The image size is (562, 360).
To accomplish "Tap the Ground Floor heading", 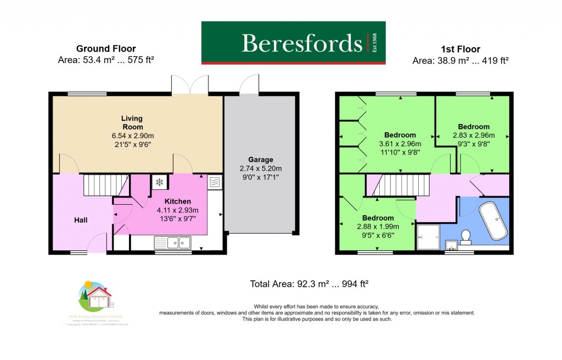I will coord(106,49).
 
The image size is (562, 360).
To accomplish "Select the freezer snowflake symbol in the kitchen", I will coord(160,182).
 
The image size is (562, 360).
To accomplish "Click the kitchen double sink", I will coord(172,242).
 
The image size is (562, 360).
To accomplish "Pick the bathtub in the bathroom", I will coord(493,221).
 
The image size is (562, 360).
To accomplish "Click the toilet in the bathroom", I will coord(466,236).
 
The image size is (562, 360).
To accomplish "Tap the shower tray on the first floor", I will coord(428,237).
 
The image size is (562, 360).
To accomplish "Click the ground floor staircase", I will coord(104,185).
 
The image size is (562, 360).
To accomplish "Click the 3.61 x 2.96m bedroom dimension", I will coord(400,144).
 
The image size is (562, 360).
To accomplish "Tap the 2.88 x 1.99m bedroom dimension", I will coord(378,226).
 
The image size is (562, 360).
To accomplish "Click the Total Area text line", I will coord(309,284).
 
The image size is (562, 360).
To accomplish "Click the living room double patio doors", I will coord(190,86).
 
